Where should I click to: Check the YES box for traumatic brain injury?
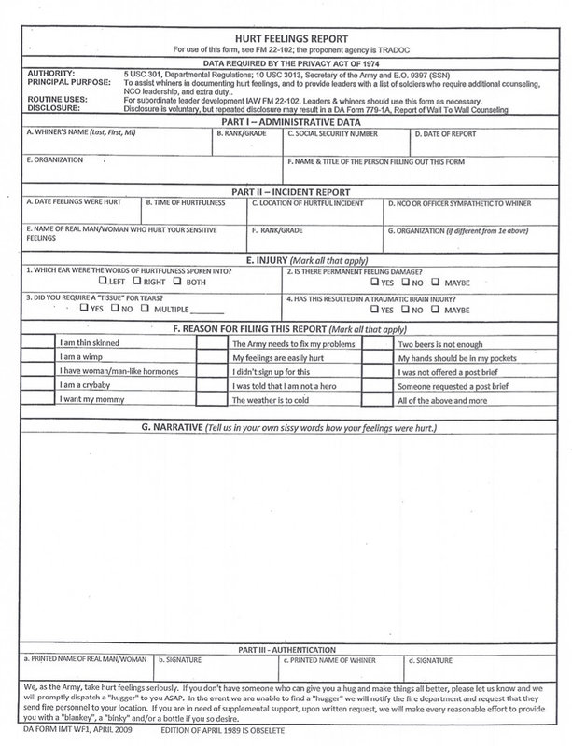click(374, 309)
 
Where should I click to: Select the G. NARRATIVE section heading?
click(286, 427)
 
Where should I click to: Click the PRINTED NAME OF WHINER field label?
click(333, 658)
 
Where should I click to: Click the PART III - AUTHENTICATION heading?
click(286, 646)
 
